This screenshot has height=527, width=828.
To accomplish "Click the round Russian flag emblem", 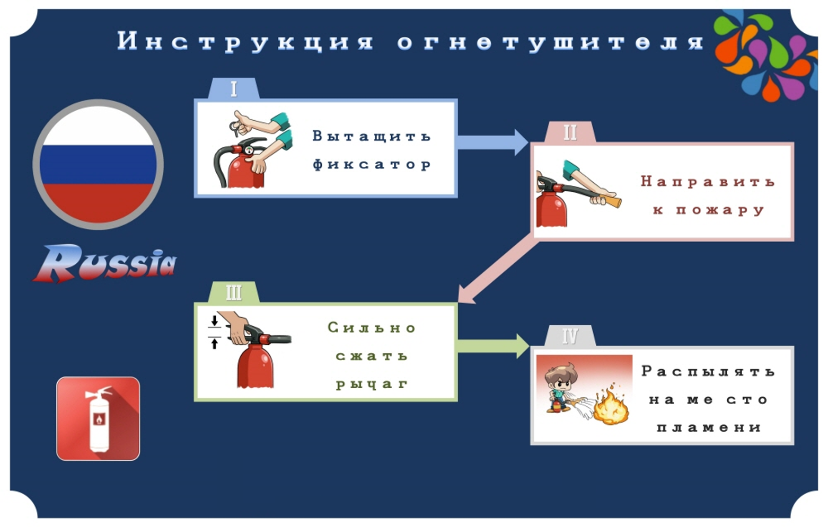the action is click(x=98, y=164).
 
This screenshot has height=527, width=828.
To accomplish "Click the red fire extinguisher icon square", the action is click(x=98, y=418).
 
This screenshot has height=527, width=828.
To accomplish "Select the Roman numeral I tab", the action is click(x=234, y=88).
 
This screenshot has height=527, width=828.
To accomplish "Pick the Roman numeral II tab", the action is click(x=570, y=132).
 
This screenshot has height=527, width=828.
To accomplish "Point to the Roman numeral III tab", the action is click(x=234, y=292).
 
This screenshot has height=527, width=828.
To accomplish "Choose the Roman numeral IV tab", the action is click(x=570, y=336).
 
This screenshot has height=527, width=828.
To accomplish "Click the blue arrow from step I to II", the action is click(x=493, y=142).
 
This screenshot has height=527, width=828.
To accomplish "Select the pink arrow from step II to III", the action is click(x=497, y=273).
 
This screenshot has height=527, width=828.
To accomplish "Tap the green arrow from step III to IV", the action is click(x=494, y=346).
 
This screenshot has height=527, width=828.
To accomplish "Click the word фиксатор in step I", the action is click(x=372, y=164).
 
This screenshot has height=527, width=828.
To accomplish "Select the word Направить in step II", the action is click(x=708, y=181).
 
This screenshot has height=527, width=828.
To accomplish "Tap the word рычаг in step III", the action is click(x=372, y=385).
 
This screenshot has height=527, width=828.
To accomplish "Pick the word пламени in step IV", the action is click(x=709, y=427).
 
